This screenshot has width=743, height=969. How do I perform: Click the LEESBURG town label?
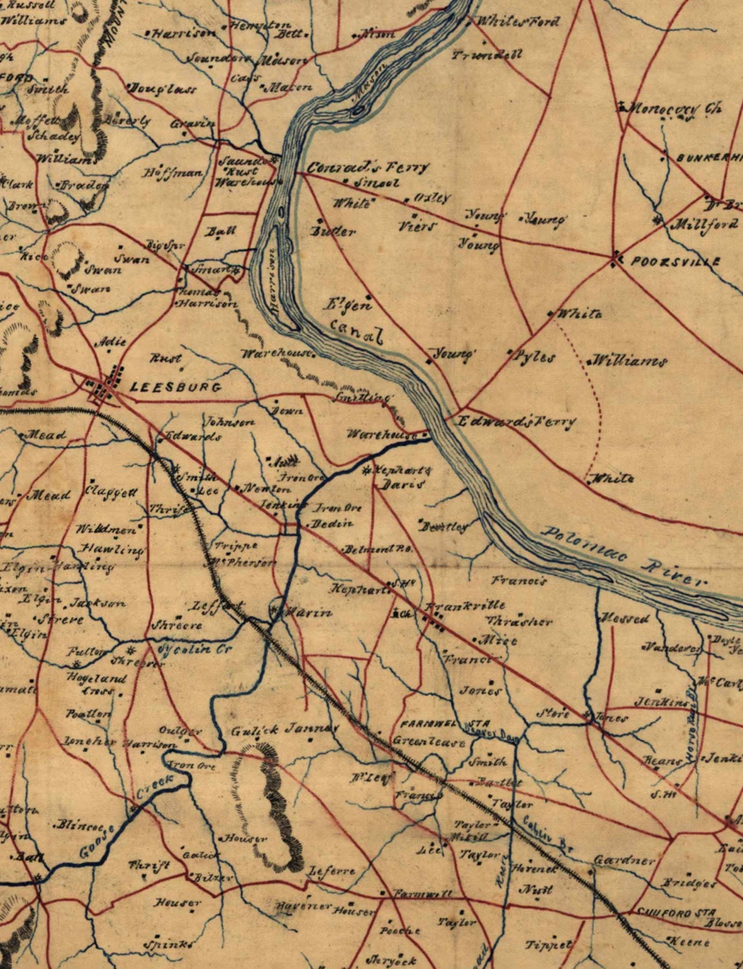point(176,388)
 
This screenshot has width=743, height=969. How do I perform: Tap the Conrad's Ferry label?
point(367,167)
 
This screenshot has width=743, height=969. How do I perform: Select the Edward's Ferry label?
point(516,422)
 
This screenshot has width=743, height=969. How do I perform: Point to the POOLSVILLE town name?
point(675,262)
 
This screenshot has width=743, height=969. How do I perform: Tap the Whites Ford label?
point(517,22)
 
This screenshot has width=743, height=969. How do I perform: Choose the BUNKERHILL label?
point(708,158)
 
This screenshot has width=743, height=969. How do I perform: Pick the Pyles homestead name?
point(534,357)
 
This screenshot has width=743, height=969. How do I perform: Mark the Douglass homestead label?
point(163,89)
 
